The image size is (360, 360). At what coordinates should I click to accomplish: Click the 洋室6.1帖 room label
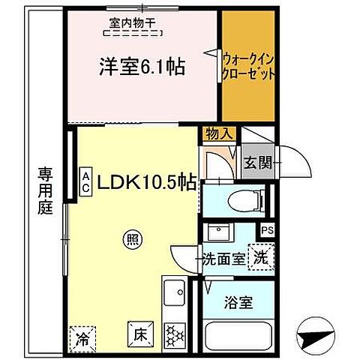coord(142,67)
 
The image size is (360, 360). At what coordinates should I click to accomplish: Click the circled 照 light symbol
coord(132,241)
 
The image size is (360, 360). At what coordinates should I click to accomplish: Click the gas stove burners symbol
coord(175,334)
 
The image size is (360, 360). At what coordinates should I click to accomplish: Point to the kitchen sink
coord(175,291)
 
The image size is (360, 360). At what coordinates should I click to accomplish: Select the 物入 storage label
coord(218,133)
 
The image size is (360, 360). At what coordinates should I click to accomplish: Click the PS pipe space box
coord(267,231)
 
